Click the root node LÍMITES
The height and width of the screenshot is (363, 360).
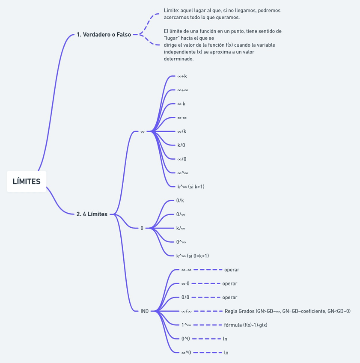point(27,181)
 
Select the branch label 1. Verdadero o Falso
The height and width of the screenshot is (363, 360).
point(104,35)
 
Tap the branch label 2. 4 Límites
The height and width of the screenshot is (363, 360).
point(92,214)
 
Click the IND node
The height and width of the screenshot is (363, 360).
point(145,311)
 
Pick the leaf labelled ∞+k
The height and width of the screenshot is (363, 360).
point(182,76)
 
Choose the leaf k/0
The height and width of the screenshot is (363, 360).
point(181,145)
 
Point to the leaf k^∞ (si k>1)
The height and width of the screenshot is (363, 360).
point(194,187)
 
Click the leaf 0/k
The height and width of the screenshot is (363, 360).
point(180,200)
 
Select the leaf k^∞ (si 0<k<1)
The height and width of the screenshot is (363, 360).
point(193,256)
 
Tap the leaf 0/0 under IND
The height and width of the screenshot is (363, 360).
point(185,298)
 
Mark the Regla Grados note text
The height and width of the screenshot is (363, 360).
point(287,311)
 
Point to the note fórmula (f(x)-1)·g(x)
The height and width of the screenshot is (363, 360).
point(246,325)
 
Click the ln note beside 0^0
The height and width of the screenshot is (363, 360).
point(225,339)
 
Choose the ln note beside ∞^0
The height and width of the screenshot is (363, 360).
point(226,353)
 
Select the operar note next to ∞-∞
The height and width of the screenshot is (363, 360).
point(232,270)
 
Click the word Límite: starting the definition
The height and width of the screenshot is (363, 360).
point(172,10)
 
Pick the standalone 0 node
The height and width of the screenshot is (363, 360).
point(142,228)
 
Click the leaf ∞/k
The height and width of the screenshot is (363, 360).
point(182,131)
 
